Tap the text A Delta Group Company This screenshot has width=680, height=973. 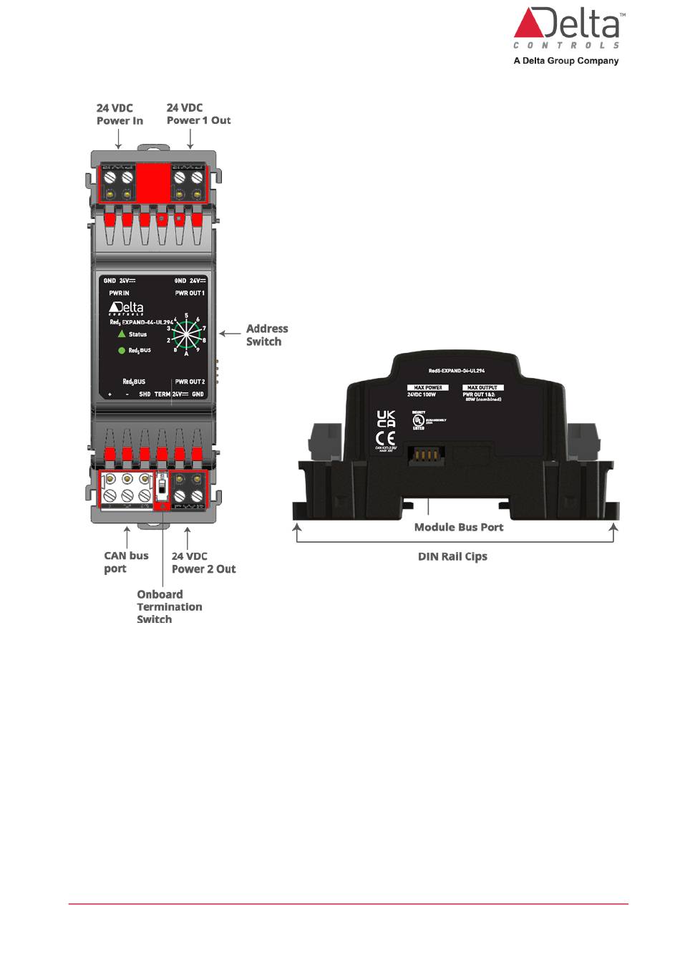click(x=565, y=61)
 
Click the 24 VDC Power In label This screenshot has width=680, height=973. click(x=120, y=115)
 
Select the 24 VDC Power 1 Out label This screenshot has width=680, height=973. click(x=198, y=115)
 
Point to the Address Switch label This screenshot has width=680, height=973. click(x=266, y=335)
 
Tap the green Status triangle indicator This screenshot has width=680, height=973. click(x=122, y=334)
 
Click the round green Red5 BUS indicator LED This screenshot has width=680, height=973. click(x=122, y=351)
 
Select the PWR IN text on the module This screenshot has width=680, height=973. click(x=119, y=294)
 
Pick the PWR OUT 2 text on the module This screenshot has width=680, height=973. click(x=190, y=382)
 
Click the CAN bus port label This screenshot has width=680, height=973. click(x=126, y=562)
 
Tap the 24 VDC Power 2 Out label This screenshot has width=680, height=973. click(x=203, y=563)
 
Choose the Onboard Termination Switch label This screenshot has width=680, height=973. click(x=169, y=606)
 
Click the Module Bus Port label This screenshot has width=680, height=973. click(x=459, y=527)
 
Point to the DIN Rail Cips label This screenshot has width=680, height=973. click(x=452, y=556)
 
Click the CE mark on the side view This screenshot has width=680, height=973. click(x=385, y=438)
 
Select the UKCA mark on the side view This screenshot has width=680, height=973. click(x=386, y=419)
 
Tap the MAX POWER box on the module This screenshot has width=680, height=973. click(x=427, y=387)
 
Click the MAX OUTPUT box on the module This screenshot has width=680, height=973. click(x=482, y=387)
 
